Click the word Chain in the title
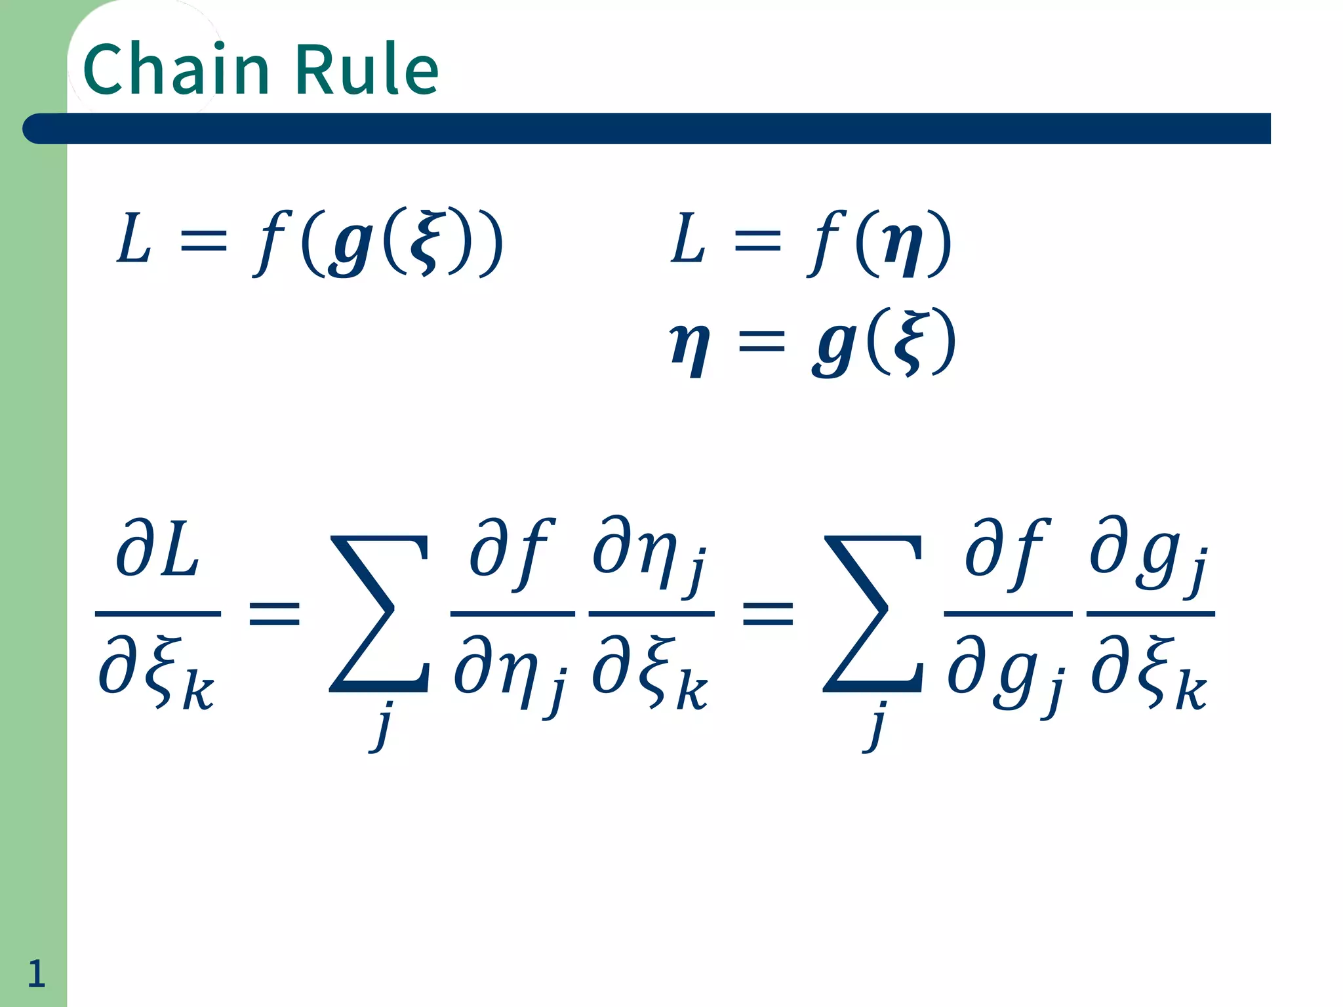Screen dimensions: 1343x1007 pos(176,69)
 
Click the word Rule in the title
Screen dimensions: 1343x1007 pos(367,69)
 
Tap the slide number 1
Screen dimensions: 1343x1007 pos(36,973)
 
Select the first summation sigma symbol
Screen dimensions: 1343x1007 pos(379,614)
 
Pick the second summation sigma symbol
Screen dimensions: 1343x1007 pos(873,614)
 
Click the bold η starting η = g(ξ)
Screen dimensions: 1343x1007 pos(689,346)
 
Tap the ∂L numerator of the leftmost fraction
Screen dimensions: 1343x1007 pos(157,549)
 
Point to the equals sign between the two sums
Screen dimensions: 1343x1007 pos(768,614)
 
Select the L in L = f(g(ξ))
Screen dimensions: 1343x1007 pos(134,239)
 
